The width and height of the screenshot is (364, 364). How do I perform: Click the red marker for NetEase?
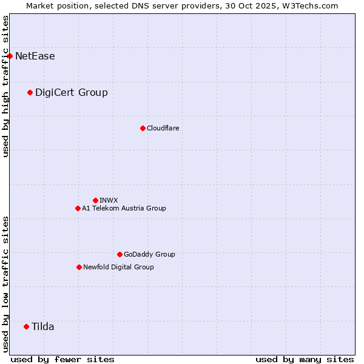pyautogui.click(x=10, y=56)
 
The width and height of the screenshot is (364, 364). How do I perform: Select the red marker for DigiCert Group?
pyautogui.click(x=30, y=92)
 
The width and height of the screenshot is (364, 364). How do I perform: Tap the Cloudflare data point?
pyautogui.click(x=143, y=128)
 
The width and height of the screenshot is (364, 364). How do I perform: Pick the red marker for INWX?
pyautogui.click(x=95, y=200)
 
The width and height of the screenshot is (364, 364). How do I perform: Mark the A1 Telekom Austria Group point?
pyautogui.click(x=78, y=208)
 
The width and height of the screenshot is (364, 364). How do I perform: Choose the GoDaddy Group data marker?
pyautogui.click(x=120, y=254)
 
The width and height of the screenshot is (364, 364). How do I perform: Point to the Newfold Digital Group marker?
pyautogui.click(x=79, y=267)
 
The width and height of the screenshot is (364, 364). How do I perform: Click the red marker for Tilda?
pyautogui.click(x=26, y=326)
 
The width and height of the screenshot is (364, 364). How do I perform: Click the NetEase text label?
pyautogui.click(x=35, y=56)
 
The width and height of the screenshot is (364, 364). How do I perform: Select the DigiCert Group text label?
pyautogui.click(x=72, y=92)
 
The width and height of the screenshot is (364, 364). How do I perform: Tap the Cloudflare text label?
pyautogui.click(x=163, y=128)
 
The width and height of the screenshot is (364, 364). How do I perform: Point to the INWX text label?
pyautogui.click(x=109, y=200)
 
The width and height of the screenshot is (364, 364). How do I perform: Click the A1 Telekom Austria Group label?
pyautogui.click(x=124, y=208)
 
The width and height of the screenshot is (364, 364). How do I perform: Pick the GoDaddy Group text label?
pyautogui.click(x=149, y=254)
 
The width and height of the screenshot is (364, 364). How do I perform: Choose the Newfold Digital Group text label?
pyautogui.click(x=118, y=267)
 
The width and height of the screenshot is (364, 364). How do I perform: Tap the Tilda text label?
pyautogui.click(x=43, y=326)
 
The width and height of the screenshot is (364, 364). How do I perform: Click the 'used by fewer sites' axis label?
pyautogui.click(x=62, y=359)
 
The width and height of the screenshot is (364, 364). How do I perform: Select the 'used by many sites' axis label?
pyautogui.click(x=305, y=359)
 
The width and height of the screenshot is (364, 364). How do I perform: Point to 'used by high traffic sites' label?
pyautogui.click(x=5, y=86)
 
